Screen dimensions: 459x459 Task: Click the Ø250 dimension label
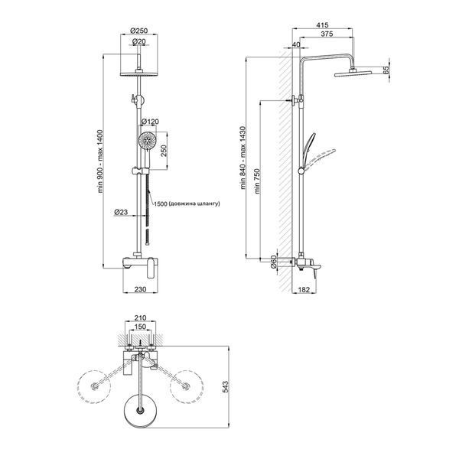coord(139,31)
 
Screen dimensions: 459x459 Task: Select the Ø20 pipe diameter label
coord(139,41)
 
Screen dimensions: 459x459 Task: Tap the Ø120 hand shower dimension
coord(150,121)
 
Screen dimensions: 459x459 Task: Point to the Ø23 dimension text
coord(121,212)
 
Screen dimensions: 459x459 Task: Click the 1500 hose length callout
coord(187,203)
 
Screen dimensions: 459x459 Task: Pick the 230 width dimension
coord(140,289)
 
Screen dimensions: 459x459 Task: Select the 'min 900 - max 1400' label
coord(100,161)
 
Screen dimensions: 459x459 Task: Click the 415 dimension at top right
coord(322,25)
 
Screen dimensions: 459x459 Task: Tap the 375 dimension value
coord(327,34)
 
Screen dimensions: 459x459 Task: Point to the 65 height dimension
coord(386,70)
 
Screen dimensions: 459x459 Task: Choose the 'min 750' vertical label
coord(257,181)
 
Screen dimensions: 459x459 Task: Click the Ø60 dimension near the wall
coord(273,262)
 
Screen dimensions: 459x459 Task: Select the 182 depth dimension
coord(304,289)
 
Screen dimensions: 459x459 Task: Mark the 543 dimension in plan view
coord(226,386)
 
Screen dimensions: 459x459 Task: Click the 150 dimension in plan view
coord(140,327)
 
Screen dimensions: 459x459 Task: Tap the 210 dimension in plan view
coord(140,317)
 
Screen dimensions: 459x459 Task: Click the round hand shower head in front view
coord(147,141)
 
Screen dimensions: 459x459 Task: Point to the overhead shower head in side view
coord(353,73)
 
